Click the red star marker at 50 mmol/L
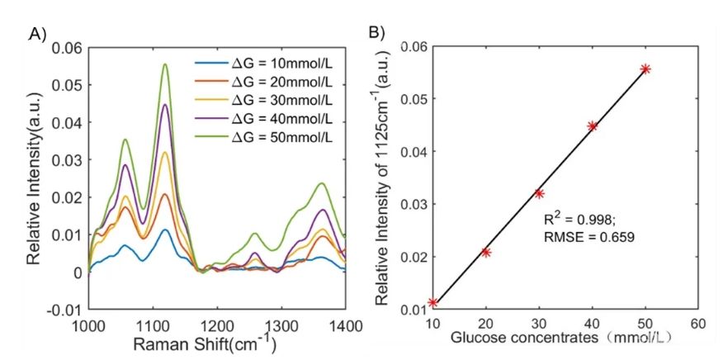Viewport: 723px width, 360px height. (x=645, y=69)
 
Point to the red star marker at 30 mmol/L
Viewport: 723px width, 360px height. (x=539, y=193)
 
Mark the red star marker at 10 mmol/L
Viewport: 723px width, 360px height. (x=432, y=303)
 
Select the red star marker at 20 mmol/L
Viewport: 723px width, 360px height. (x=486, y=252)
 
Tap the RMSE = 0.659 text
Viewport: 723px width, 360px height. (x=588, y=237)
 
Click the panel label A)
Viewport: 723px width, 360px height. (x=36, y=34)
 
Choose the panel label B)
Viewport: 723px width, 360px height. (x=376, y=34)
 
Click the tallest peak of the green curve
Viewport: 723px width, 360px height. (x=165, y=64)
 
